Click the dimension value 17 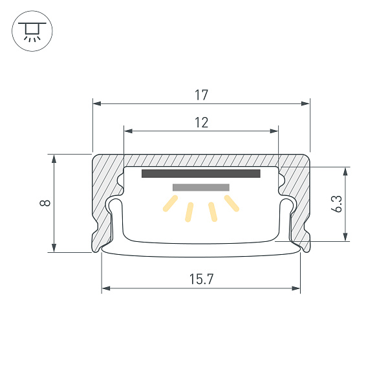point(201,95)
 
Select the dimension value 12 point(201,123)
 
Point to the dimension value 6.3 point(336,204)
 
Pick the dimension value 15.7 point(201,280)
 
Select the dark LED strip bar point(200,173)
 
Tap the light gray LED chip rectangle point(201,188)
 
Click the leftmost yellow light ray point(170,204)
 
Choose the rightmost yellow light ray point(232,204)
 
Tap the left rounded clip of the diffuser point(116,210)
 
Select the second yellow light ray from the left point(189,212)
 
